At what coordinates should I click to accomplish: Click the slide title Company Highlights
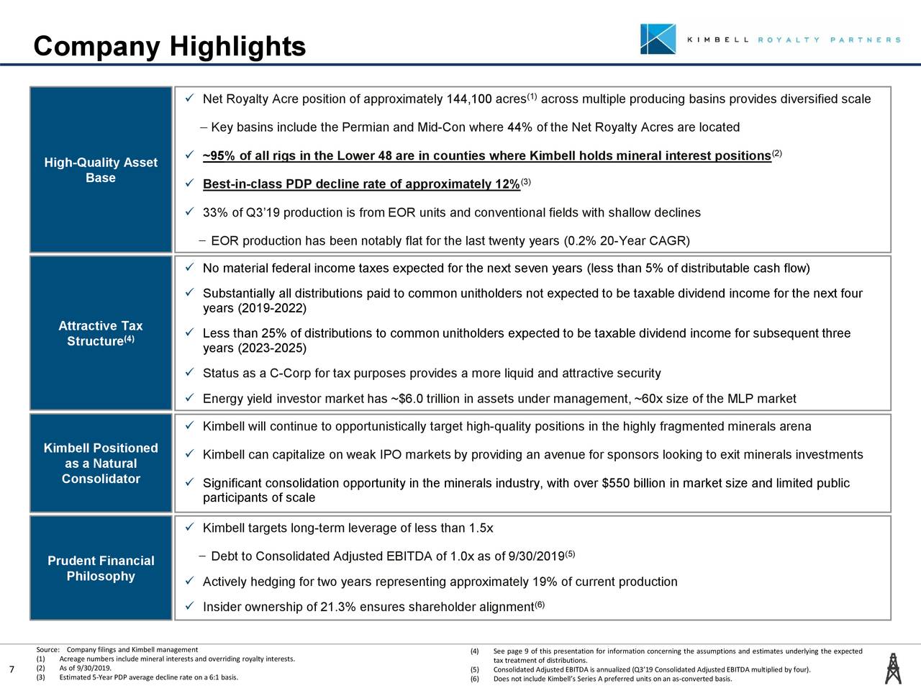click(170, 47)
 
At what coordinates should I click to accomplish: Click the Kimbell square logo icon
click(658, 39)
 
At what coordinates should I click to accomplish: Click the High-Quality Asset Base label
click(101, 171)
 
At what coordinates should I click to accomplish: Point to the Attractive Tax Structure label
click(101, 334)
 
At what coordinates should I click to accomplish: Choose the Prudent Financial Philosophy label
click(101, 569)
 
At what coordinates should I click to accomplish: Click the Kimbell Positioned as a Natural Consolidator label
click(101, 464)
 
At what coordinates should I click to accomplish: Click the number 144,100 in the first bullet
click(469, 99)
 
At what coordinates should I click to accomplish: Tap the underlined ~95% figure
click(217, 157)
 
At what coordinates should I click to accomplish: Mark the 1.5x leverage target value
click(480, 529)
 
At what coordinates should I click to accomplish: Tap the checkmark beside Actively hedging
click(189, 582)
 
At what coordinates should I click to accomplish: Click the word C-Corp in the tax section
click(290, 373)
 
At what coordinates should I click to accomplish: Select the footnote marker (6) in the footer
click(474, 678)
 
